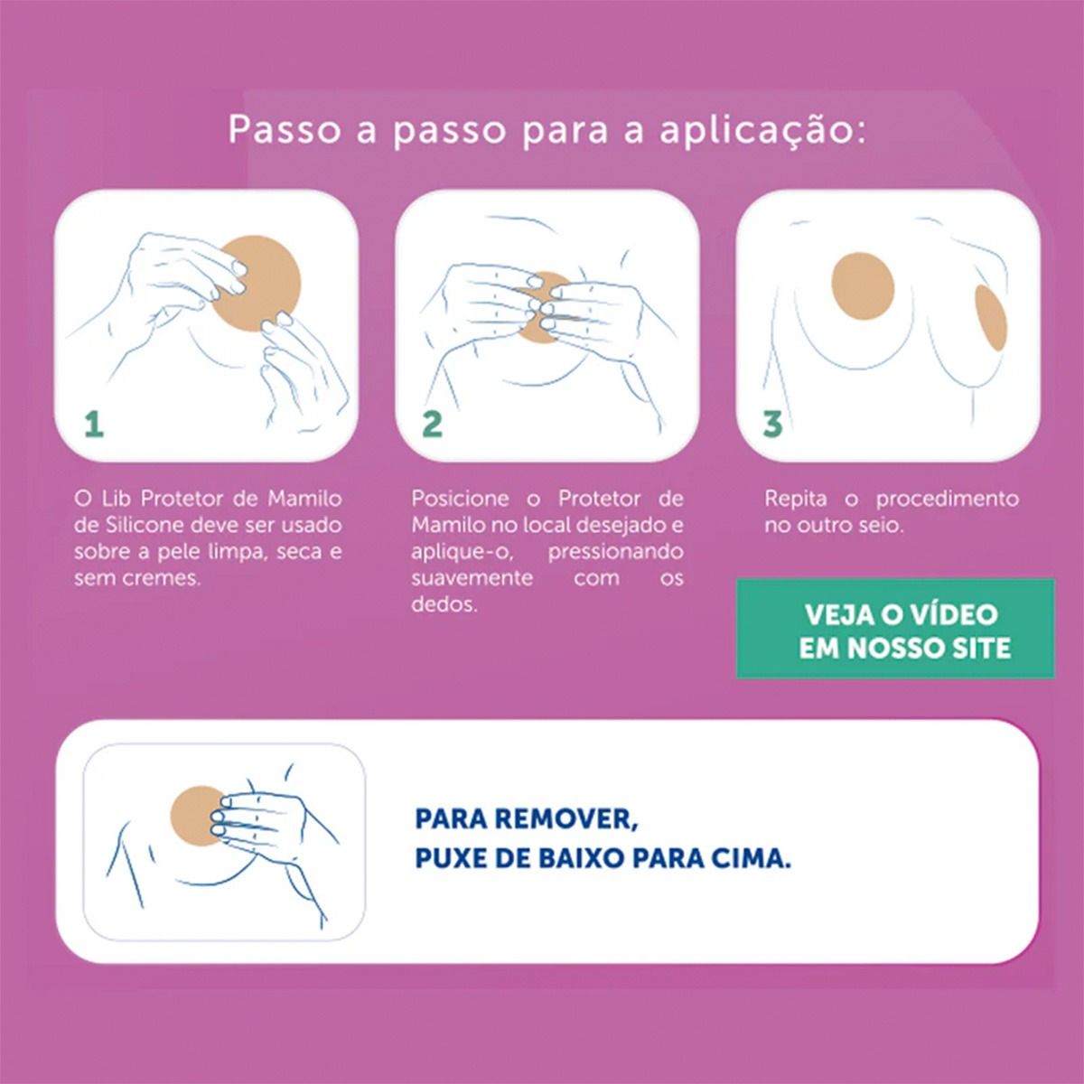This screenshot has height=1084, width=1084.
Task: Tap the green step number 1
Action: (x=94, y=424)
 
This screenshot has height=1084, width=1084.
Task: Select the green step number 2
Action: (x=432, y=424)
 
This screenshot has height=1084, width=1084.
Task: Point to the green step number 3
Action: (x=772, y=424)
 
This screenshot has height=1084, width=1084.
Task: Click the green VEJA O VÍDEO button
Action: (x=895, y=628)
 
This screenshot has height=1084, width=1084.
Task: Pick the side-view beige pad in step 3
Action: (x=991, y=317)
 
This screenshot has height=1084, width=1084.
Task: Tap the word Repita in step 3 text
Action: (x=796, y=500)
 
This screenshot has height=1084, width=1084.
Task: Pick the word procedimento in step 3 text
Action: (x=947, y=500)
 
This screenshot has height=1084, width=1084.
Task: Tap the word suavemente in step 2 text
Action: (x=472, y=578)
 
